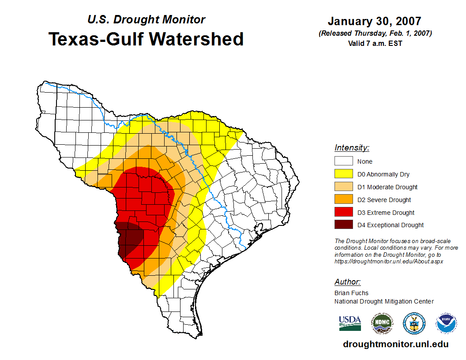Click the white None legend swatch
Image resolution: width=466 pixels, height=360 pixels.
click(343, 161)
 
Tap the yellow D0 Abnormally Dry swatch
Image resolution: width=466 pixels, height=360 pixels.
click(343, 174)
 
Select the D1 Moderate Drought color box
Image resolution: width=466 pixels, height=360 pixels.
click(343, 187)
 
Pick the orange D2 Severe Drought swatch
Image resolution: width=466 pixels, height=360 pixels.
click(343, 200)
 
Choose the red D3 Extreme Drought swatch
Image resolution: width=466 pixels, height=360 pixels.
click(343, 213)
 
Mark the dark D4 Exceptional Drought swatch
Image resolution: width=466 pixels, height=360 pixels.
click(343, 225)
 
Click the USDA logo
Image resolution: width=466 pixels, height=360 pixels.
click(350, 323)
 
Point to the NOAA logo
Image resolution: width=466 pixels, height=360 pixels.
click(446, 323)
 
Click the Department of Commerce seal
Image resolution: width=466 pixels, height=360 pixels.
click(414, 323)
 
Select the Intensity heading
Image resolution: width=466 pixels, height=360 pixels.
click(352, 148)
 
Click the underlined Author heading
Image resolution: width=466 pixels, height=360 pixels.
click(347, 282)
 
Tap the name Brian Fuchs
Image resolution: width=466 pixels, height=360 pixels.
click(351, 293)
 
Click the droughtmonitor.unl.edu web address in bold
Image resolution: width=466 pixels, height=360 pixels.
click(395, 345)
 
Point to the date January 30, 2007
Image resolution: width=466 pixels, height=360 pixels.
click(374, 21)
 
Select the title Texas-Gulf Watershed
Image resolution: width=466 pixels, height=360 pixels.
click(146, 39)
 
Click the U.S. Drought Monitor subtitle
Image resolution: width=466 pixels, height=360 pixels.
click(146, 19)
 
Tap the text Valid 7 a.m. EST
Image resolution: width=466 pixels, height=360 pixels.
click(375, 43)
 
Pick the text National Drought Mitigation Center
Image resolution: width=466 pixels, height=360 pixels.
click(384, 301)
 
